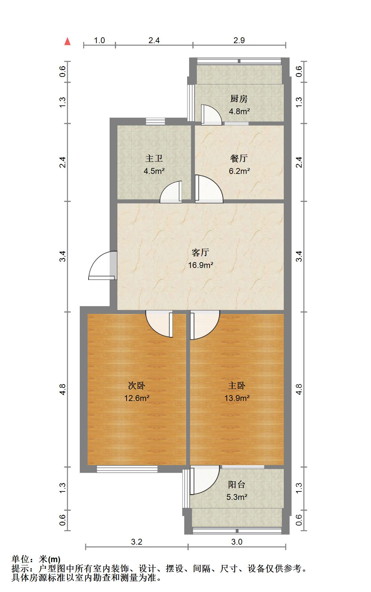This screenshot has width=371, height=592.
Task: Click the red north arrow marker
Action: [x=67, y=42]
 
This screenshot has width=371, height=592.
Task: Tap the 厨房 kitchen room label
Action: [x=239, y=99]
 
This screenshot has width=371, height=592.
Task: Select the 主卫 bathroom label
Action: [x=154, y=158]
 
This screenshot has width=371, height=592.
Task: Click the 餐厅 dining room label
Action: [x=239, y=158]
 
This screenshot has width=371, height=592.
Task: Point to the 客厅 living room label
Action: [x=200, y=252]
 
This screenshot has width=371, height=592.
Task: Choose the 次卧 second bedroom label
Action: [x=137, y=385]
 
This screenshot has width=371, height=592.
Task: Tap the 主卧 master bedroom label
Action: [x=237, y=385]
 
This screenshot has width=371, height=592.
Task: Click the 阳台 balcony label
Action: [x=237, y=485]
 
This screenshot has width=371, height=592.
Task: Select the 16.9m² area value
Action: [x=200, y=265]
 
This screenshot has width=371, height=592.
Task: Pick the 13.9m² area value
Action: [x=237, y=398]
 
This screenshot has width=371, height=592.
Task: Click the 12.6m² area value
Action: [x=137, y=398]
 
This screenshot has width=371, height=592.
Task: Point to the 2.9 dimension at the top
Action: [x=239, y=41]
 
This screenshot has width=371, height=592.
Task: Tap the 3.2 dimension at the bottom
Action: [x=137, y=542]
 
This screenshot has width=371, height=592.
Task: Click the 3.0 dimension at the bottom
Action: [x=237, y=542]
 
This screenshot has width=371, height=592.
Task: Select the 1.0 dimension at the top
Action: [x=99, y=41]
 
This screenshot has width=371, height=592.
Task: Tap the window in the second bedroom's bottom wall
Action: [x=127, y=469]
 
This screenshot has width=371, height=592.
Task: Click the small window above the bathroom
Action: [x=155, y=121]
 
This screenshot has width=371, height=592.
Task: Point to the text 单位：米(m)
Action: [x=36, y=559]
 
